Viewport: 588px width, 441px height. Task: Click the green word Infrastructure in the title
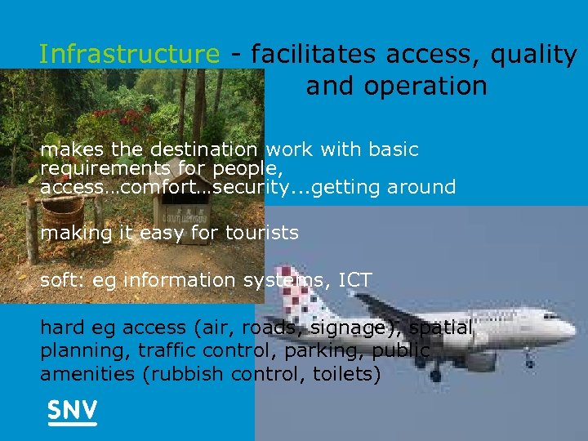[129, 55]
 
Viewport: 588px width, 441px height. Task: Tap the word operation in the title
[396, 86]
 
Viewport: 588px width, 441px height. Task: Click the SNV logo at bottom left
[72, 412]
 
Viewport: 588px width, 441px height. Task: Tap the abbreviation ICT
[354, 280]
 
